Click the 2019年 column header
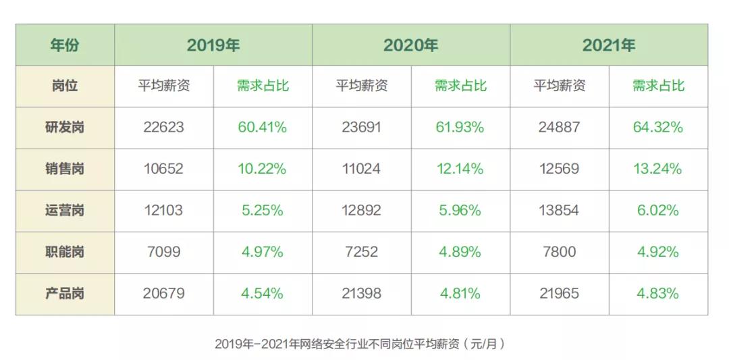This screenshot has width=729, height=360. point(213,45)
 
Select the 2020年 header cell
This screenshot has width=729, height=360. point(410,45)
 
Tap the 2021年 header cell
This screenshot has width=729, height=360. point(608,45)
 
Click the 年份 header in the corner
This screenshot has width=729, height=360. point(65,45)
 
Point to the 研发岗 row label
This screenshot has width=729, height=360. point(65,127)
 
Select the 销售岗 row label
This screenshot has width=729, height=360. point(65,169)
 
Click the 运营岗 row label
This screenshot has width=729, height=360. point(65,210)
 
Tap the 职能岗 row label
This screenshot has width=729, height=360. point(65,252)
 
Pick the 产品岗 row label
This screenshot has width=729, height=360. point(65,294)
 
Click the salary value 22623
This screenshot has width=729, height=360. point(163,127)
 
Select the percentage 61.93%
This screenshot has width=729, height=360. point(460,127)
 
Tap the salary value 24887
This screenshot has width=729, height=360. point(559,127)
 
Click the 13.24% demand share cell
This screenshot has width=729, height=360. point(657,169)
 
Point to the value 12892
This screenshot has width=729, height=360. point(361,210)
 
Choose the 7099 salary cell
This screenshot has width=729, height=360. point(163,252)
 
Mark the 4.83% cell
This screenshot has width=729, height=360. point(657,294)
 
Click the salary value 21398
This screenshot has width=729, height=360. point(361,294)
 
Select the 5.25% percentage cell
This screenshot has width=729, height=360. point(262,210)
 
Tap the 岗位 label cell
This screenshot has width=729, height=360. point(65,86)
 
